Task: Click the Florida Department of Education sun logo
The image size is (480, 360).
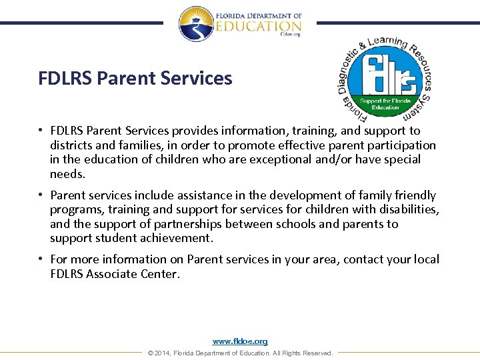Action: pyautogui.click(x=195, y=24)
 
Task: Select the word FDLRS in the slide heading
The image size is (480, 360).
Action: pyautogui.click(x=65, y=79)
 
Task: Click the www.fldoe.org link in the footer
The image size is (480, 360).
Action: pyautogui.click(x=240, y=341)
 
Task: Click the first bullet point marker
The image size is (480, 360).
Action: pyautogui.click(x=41, y=131)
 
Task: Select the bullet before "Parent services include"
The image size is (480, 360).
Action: pyautogui.click(x=41, y=195)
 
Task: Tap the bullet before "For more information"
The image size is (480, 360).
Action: pyautogui.click(x=41, y=259)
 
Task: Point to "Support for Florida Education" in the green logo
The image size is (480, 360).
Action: pyautogui.click(x=385, y=104)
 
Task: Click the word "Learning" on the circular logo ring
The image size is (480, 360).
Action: pyautogui.click(x=386, y=43)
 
